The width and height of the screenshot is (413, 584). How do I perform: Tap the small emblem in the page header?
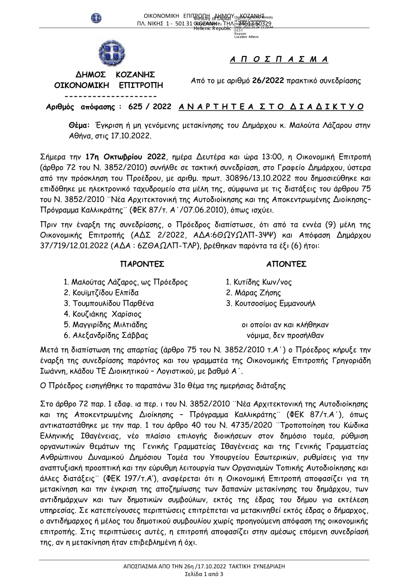96,18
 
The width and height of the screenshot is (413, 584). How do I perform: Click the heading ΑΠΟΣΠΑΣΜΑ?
279,60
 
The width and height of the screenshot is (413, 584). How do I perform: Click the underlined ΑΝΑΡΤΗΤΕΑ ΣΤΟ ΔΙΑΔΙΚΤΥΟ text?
271,107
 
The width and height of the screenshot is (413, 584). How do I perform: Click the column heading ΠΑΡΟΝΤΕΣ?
142,264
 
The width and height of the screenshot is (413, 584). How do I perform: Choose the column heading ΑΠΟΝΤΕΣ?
286,264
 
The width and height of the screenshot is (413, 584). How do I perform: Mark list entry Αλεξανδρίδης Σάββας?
106,335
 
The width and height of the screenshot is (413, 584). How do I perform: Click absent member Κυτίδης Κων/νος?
259,283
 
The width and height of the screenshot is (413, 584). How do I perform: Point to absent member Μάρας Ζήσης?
253,293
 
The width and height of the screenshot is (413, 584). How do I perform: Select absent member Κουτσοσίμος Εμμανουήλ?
271,303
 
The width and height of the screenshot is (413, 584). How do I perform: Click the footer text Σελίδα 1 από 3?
204,574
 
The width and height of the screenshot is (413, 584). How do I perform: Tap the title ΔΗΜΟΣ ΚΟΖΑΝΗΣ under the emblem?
115,75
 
